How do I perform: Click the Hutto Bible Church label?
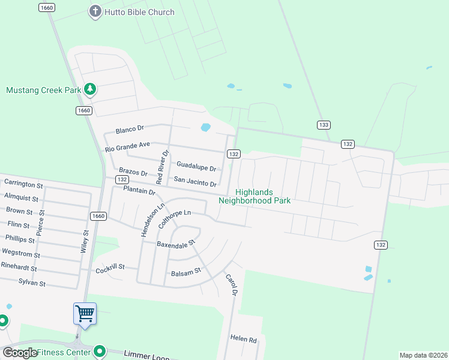coord(139,12)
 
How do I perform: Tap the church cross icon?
coord(95,11)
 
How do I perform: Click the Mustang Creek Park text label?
coord(43,91)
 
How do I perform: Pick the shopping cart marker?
coord(85,313)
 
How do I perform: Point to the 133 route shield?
coord(324,125)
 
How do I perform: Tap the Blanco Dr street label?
coord(130,129)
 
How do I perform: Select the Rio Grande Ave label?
coord(127,146)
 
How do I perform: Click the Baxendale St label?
coord(176,244)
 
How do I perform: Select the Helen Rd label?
coord(244,338)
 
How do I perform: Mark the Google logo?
coord(20,353)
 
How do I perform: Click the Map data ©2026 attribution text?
coord(423,355)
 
